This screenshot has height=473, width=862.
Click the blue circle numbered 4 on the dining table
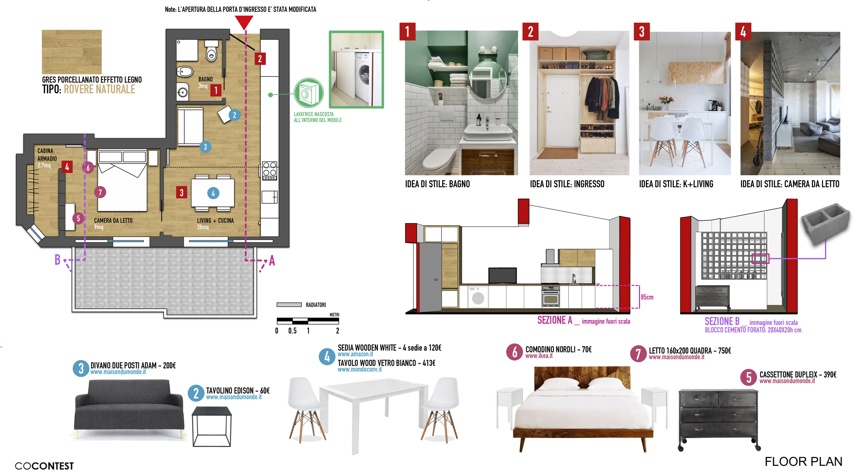pyautogui.click(x=213, y=193)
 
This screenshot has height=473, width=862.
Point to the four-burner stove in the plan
pyautogui.click(x=269, y=171)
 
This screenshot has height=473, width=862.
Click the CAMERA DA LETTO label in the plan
pyautogui.click(x=113, y=220)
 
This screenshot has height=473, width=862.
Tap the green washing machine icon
pyautogui.click(x=308, y=93)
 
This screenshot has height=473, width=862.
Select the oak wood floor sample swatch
pyautogui.click(x=72, y=52)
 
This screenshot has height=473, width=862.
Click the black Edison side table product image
pyautogui.click(x=212, y=426)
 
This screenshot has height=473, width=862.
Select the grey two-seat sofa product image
pyautogui.click(x=129, y=409)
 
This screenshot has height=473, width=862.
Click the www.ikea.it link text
pyautogui.click(x=539, y=356)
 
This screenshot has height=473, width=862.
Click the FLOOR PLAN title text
pyautogui.click(x=803, y=462)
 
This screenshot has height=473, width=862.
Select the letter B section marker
pyautogui.click(x=58, y=260)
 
